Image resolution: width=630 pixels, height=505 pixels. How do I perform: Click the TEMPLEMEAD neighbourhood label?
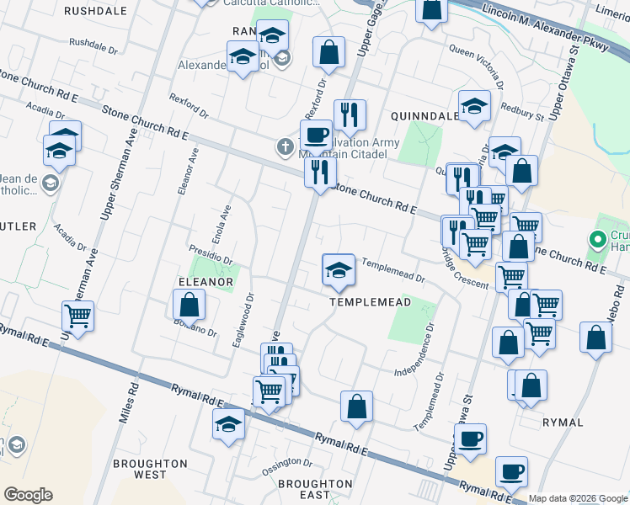click(x=370, y=302)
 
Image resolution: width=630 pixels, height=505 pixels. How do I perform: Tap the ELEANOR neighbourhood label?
click(x=205, y=283)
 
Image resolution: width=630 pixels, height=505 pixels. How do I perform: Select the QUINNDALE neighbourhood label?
click(x=424, y=114)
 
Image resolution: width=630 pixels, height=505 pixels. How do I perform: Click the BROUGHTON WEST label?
click(x=150, y=469)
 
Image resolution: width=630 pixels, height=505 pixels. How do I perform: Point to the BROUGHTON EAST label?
click(x=315, y=489)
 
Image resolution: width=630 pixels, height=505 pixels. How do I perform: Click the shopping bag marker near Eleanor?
click(x=190, y=305)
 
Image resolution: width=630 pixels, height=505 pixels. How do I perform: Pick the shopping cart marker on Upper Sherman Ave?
click(x=77, y=316)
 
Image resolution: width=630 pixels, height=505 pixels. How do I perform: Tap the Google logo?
click(x=28, y=494)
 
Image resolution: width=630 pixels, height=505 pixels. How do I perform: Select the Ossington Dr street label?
click(x=287, y=464)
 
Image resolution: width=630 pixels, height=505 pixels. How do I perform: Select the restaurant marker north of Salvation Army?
click(x=350, y=114)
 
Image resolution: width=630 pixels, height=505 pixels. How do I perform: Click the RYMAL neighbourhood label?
click(x=563, y=422)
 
